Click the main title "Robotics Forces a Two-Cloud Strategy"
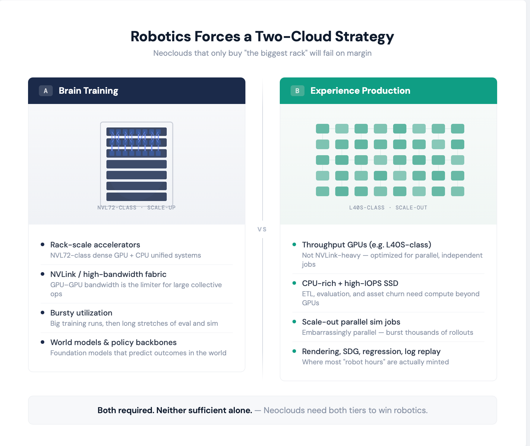262,36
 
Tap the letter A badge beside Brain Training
46,91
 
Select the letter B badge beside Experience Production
297,91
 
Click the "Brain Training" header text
88,91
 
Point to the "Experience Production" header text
360,91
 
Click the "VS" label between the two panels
262,229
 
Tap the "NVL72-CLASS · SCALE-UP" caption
136,208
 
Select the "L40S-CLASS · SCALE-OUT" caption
388,208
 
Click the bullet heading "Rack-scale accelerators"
95,245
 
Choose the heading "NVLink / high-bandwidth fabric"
108,274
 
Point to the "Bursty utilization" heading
81,313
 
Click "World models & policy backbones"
113,342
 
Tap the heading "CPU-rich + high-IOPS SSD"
350,283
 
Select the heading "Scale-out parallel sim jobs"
351,322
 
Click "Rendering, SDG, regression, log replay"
371,351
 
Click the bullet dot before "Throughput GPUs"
294,244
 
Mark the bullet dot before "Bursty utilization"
43,313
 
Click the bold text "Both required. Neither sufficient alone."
175,410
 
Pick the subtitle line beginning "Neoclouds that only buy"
262,53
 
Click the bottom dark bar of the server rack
136,196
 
